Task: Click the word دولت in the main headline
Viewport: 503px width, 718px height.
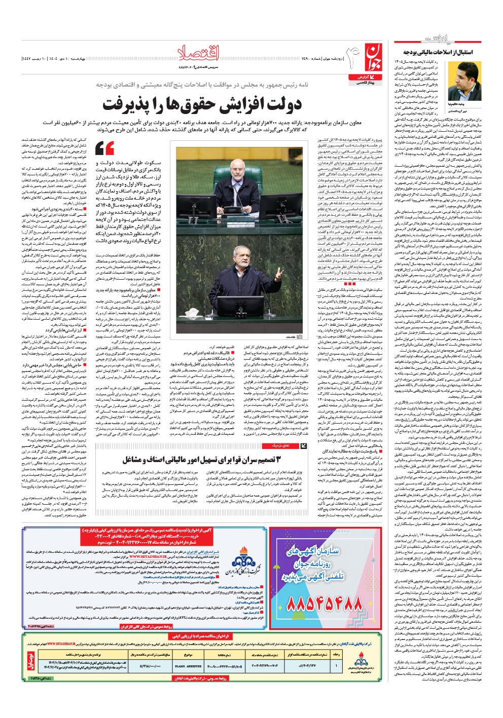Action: pyautogui.click(x=281, y=104)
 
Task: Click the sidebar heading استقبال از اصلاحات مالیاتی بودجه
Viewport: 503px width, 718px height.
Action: pyautogui.click(x=438, y=52)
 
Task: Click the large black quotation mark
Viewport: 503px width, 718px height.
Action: pyautogui.click(x=105, y=148)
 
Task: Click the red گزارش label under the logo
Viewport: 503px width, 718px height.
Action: pyautogui.click(x=360, y=75)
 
